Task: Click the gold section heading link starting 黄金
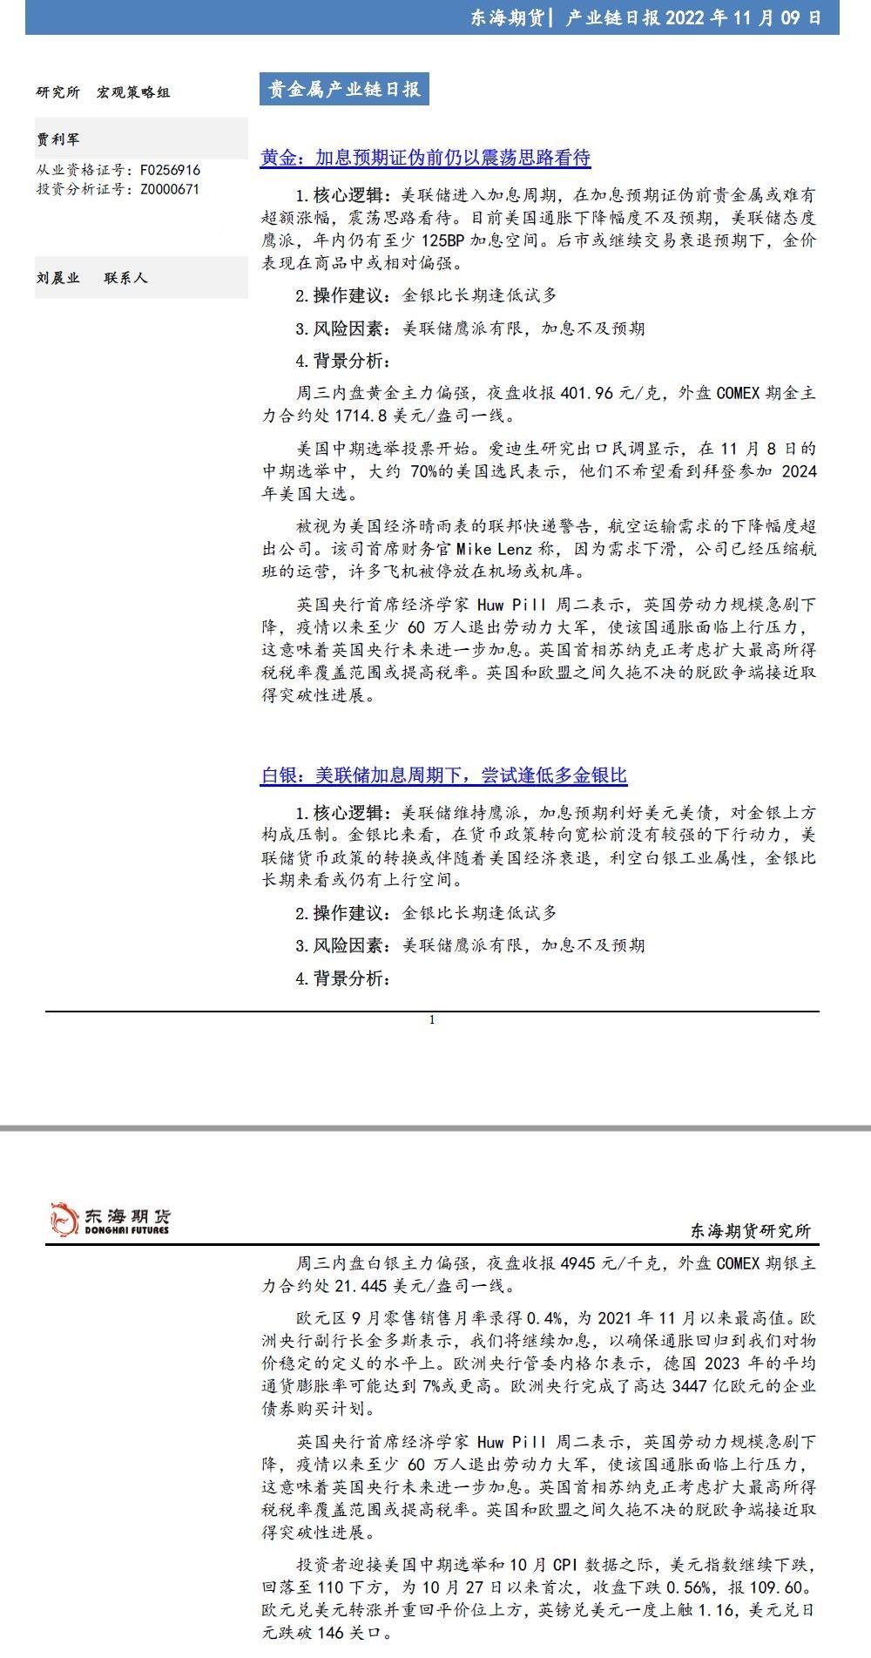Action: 425,158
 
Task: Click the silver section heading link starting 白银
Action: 443,775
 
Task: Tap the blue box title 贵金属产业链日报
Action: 343,90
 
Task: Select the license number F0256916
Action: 170,171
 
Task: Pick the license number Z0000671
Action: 170,189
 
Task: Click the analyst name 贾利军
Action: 58,139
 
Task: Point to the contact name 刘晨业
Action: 58,278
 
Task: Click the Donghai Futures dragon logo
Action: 64,1219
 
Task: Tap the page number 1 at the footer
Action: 432,1020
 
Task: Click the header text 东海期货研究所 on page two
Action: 750,1230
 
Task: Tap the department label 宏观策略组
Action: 133,92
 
